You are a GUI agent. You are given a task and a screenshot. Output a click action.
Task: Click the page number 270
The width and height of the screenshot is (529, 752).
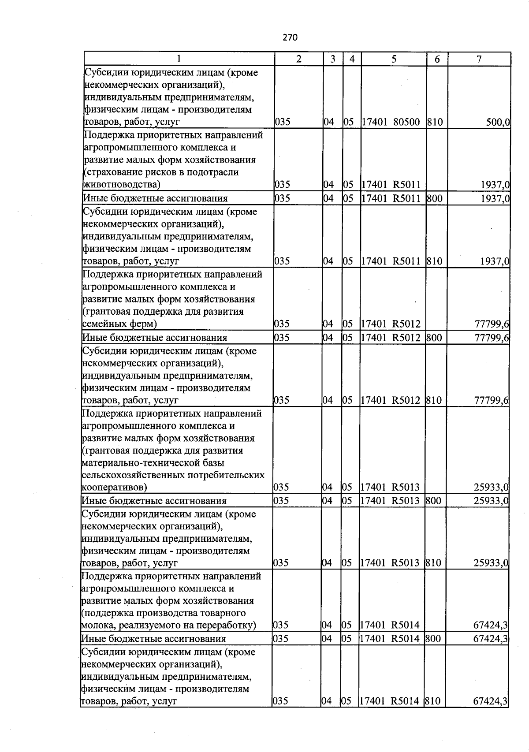tap(290, 38)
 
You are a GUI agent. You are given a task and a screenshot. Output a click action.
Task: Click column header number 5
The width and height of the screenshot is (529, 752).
tap(394, 59)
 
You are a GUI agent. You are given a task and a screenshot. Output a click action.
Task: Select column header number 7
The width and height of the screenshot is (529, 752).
tap(479, 59)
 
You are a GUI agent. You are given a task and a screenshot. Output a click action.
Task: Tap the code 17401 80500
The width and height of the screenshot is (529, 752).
tap(391, 122)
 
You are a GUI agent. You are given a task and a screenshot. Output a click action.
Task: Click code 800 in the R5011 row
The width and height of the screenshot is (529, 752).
tap(434, 198)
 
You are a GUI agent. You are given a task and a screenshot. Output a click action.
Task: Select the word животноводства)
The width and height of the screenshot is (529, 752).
tap(122, 184)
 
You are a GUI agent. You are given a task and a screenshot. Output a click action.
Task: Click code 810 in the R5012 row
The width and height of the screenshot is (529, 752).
tap(434, 400)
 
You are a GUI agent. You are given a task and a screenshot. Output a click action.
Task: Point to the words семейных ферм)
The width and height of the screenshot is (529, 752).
tap(119, 324)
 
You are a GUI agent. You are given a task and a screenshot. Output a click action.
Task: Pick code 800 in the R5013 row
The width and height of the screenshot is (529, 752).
tap(433, 501)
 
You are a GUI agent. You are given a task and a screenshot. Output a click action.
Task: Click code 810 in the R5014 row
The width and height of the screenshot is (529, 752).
tap(432, 701)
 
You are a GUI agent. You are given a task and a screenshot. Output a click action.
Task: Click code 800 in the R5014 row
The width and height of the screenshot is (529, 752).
tap(433, 639)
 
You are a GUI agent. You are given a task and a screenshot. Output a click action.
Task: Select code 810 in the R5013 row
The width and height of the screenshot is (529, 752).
tap(433, 563)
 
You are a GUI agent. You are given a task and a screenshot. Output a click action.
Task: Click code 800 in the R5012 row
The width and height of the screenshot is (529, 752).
tap(434, 338)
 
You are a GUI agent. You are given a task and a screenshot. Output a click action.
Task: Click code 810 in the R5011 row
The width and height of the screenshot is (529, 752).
tap(434, 261)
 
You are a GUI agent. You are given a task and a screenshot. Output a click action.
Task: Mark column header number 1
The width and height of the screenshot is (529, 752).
tap(179, 59)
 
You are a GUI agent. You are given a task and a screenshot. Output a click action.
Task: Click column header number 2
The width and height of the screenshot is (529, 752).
tap(298, 59)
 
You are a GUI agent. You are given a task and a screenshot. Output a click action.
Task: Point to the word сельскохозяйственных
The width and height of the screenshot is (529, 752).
tap(134, 475)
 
